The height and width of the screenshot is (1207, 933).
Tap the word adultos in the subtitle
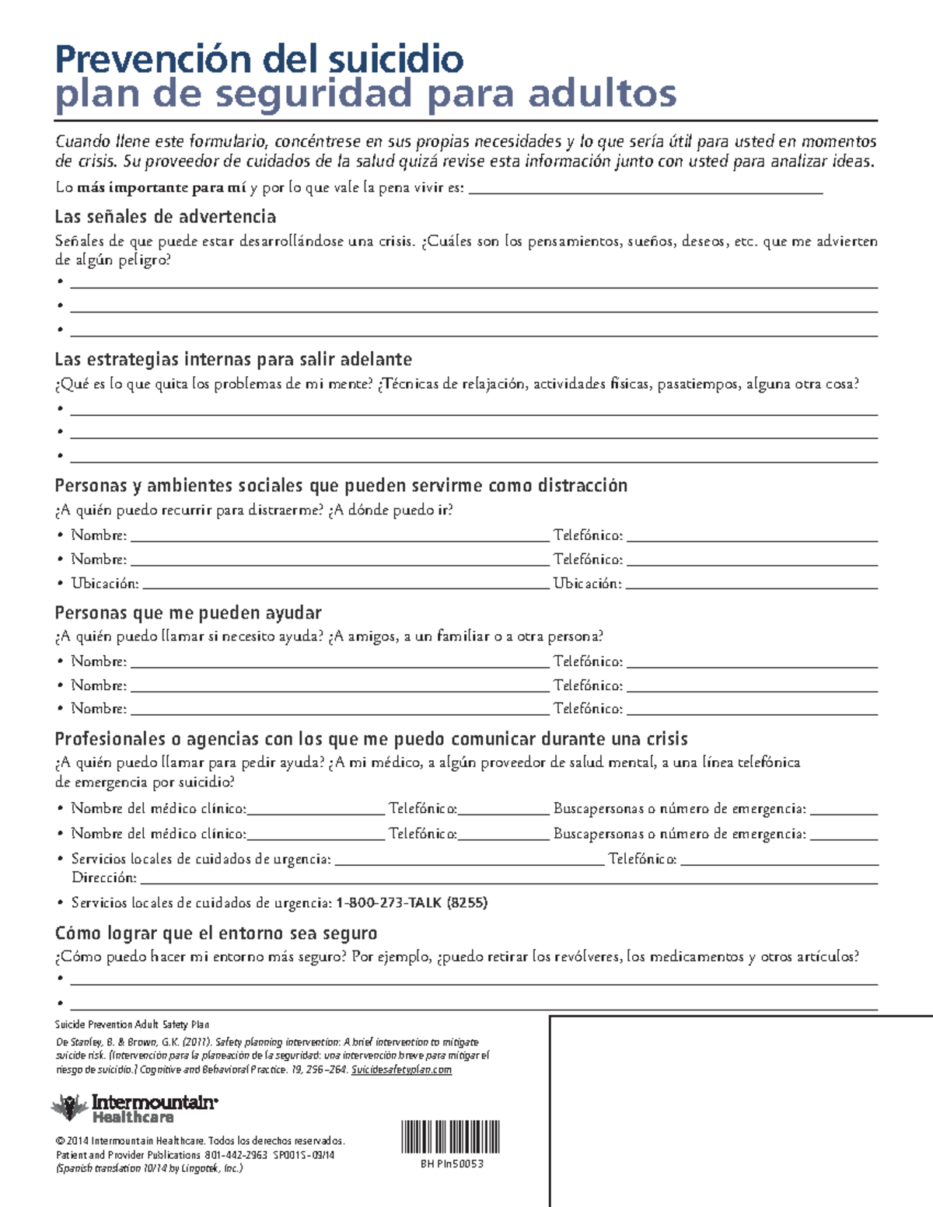603,94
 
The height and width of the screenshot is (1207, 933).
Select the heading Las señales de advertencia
165,216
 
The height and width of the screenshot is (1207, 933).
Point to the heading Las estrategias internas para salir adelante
233,359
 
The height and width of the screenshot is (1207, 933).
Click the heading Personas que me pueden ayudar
188,612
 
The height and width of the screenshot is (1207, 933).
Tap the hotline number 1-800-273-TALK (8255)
411,902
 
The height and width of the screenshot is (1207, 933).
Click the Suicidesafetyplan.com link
401,1069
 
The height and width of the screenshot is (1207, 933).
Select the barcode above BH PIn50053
450,1136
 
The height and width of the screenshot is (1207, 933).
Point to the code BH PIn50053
452,1163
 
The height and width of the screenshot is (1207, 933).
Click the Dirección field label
103,877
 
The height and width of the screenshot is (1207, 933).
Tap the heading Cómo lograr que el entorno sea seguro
216,933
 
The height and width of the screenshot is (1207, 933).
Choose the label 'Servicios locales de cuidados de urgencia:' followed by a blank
201,859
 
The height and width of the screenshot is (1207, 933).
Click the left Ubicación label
105,583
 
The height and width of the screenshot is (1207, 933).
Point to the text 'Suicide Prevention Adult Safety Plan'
131,1024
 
